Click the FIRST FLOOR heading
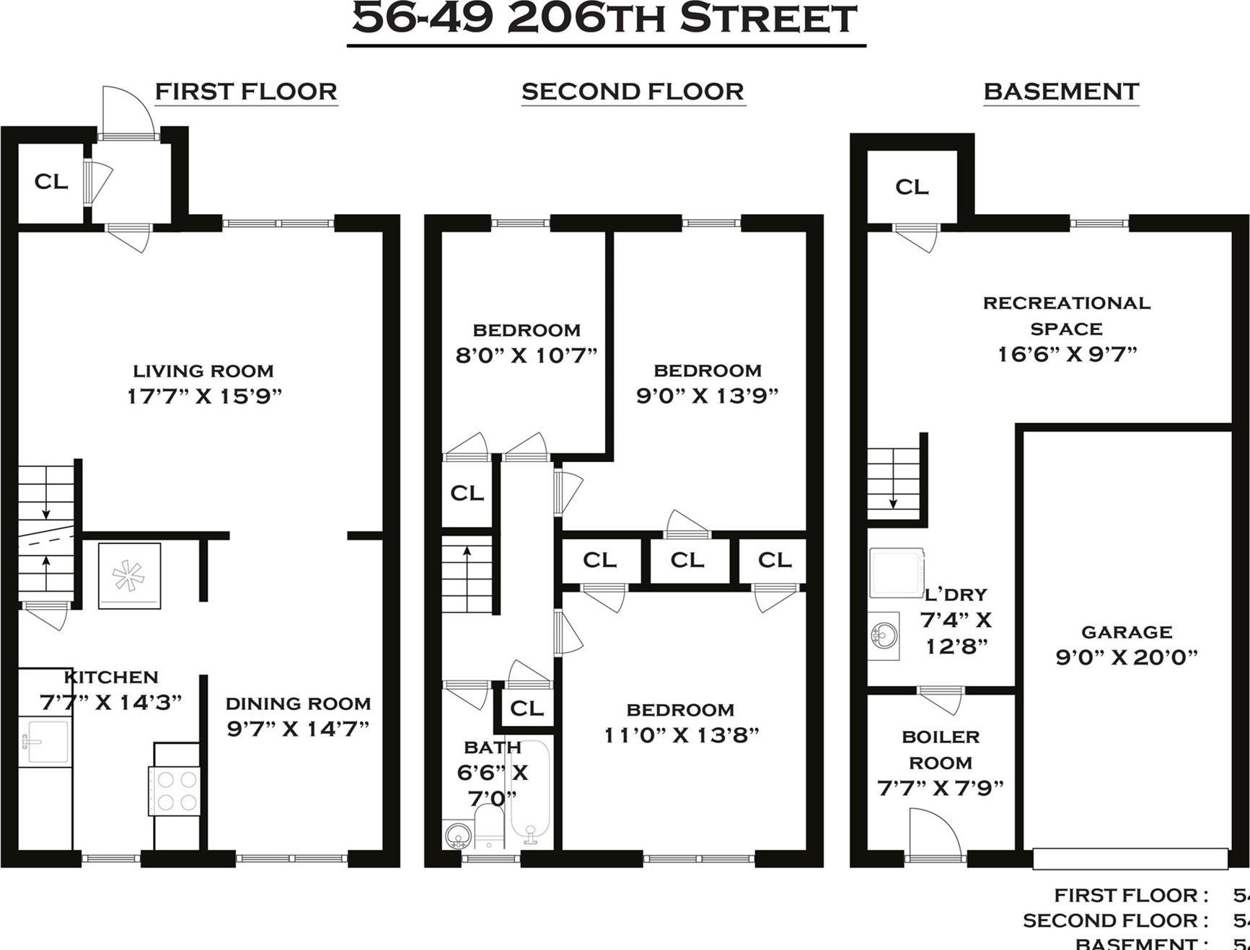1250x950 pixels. [x=246, y=92]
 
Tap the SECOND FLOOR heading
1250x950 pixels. [x=633, y=92]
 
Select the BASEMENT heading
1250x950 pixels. [x=1061, y=92]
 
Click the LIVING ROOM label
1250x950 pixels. [x=203, y=371]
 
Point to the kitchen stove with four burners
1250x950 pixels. [x=174, y=791]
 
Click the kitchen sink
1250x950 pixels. [x=45, y=741]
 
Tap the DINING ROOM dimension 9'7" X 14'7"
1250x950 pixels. [x=298, y=729]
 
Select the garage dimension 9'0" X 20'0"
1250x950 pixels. [x=1126, y=657]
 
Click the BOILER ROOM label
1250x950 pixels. [x=941, y=750]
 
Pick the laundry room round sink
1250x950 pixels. [x=884, y=634]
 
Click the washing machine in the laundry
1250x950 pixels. [x=897, y=573]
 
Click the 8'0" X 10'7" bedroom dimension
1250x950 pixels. [x=527, y=355]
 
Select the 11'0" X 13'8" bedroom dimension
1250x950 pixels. [x=681, y=735]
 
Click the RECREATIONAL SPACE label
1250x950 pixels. [x=1066, y=316]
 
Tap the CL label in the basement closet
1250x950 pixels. [x=912, y=187]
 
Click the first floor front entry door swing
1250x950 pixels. [x=127, y=112]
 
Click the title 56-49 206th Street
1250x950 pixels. [x=604, y=19]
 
